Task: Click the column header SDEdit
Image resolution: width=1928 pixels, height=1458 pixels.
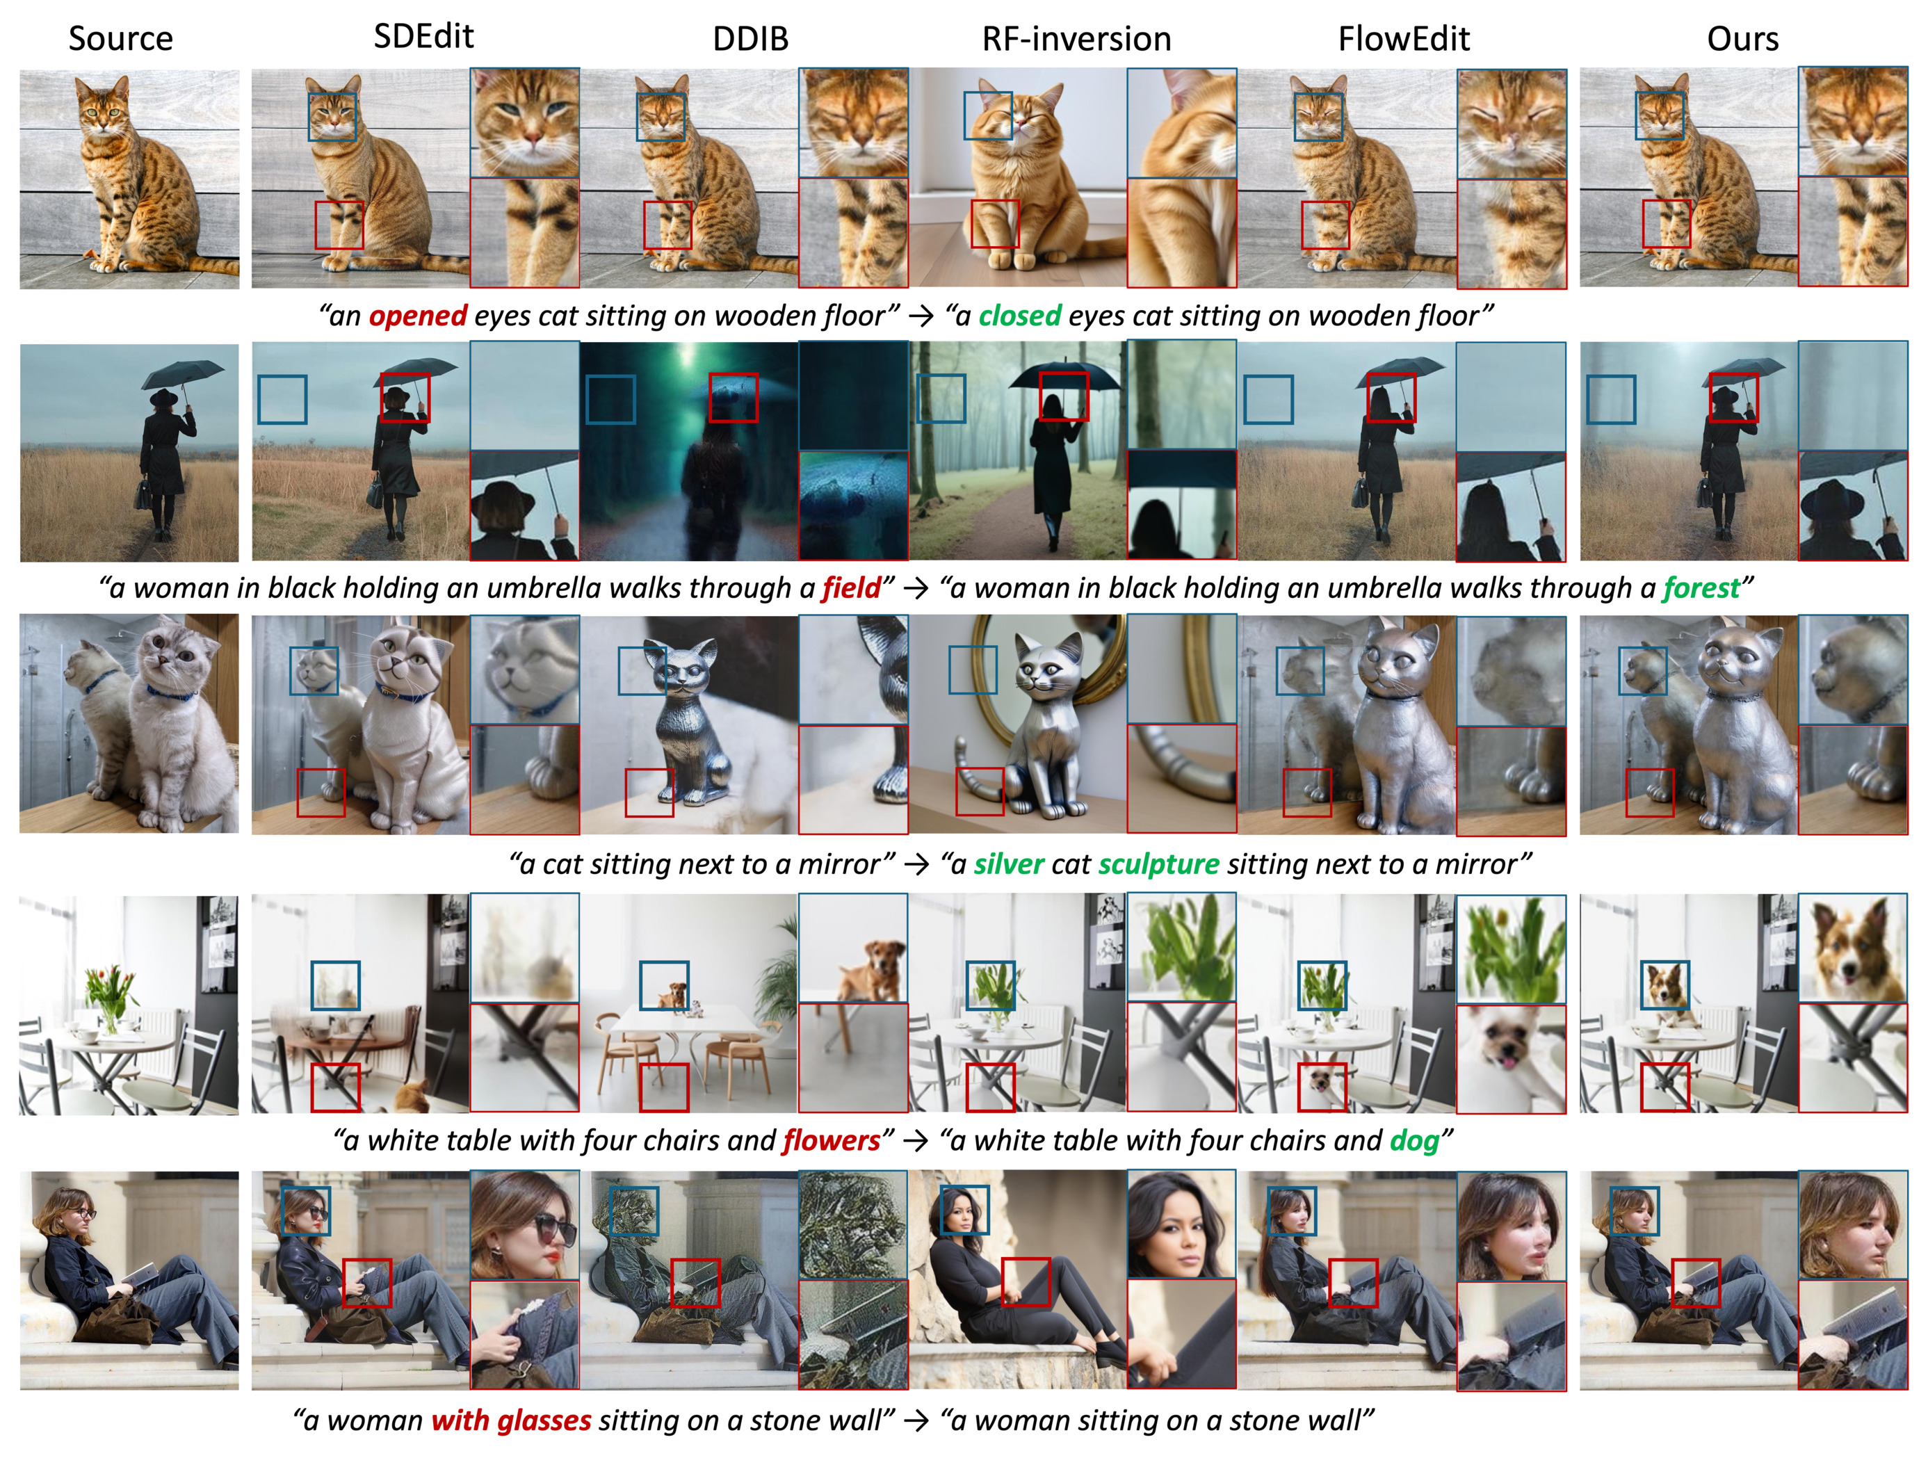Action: coord(423,37)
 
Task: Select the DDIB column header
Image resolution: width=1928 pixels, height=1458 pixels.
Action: coord(750,39)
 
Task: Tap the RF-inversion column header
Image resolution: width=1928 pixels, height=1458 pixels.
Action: coord(1076,39)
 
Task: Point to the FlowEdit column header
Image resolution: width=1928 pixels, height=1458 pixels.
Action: coord(1404,39)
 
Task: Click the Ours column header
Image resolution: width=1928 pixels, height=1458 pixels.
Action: coord(1742,39)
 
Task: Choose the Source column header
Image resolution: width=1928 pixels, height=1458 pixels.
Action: coord(120,39)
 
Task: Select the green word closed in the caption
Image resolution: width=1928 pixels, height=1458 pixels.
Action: coord(1020,316)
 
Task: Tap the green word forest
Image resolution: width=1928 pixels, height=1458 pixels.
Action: coord(1701,588)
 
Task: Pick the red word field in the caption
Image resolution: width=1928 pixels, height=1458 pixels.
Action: coord(852,588)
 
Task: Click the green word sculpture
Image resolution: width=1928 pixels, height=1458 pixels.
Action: coord(1158,864)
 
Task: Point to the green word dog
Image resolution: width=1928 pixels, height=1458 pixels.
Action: coord(1413,1141)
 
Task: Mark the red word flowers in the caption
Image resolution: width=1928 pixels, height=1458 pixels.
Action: coord(832,1141)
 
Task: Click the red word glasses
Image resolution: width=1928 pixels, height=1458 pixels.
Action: coord(544,1420)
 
